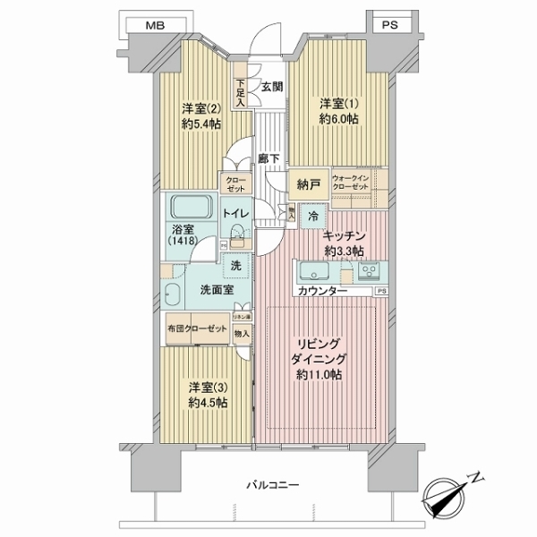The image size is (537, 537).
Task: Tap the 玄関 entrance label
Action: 272,87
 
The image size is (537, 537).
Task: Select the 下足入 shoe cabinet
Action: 241,91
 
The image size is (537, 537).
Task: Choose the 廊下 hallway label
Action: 266,158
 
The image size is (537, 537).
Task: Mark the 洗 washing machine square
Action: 236,265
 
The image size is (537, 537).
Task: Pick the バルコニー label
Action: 274,484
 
